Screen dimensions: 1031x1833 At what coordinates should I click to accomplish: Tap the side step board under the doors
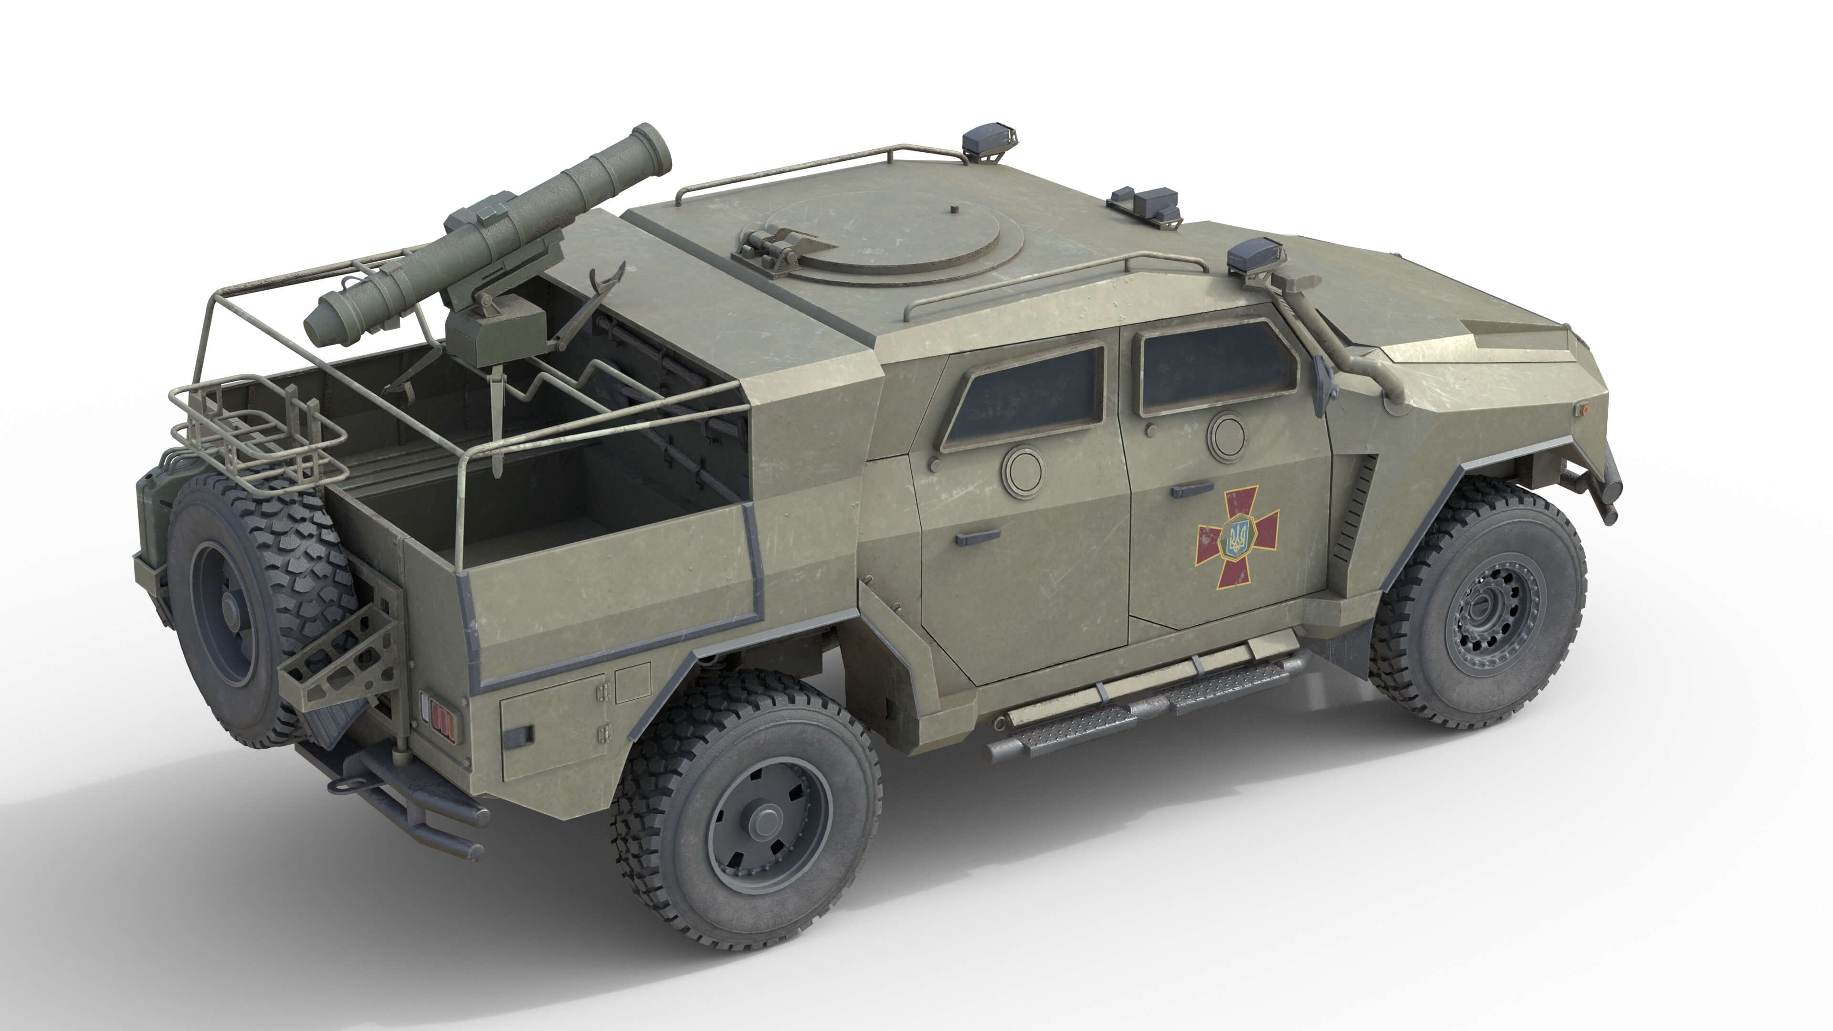click(x=1138, y=701)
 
